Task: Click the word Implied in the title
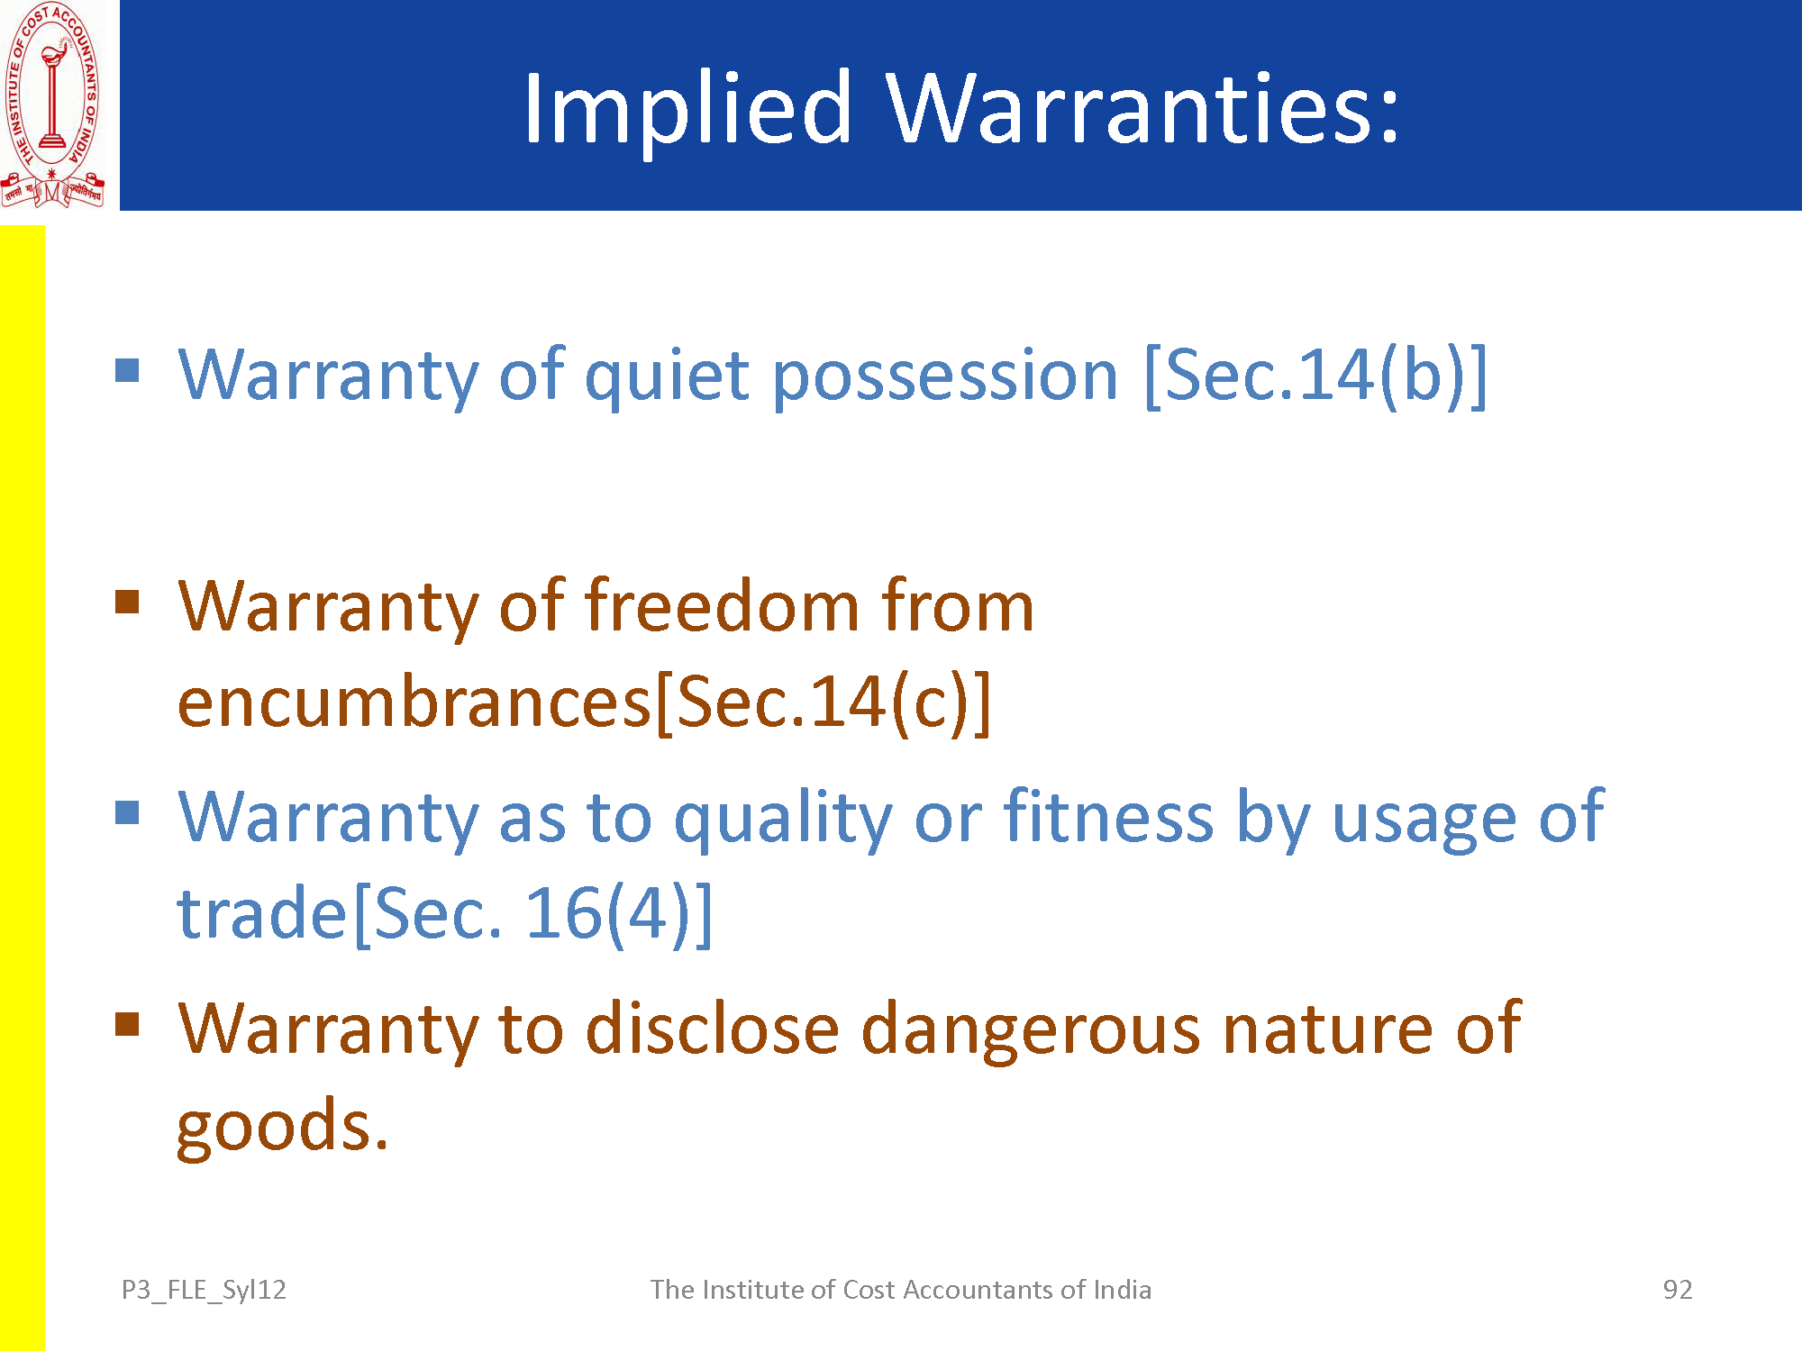pos(687,108)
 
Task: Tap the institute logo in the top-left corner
pos(52,105)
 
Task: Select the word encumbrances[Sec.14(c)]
pos(584,702)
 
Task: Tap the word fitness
pos(1109,816)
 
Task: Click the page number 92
pos(1677,1290)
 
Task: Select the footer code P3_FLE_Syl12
pos(204,1291)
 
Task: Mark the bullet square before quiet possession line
pos(128,370)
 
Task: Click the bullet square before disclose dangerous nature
pos(128,1024)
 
